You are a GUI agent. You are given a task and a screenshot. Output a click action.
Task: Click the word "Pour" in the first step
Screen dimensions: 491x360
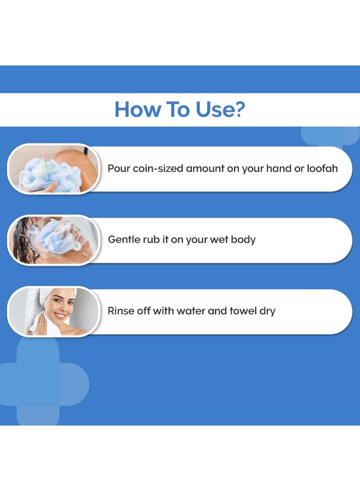pyautogui.click(x=118, y=169)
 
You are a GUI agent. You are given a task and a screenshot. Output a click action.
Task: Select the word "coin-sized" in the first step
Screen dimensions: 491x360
pyautogui.click(x=157, y=169)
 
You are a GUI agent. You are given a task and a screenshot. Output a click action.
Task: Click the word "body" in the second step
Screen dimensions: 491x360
pyautogui.click(x=243, y=239)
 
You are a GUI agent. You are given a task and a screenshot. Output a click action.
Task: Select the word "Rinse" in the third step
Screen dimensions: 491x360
pyautogui.click(x=121, y=311)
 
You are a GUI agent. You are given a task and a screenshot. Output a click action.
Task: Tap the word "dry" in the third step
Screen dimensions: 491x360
pyautogui.click(x=267, y=311)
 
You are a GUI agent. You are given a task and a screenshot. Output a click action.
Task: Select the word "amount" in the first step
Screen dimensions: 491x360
pyautogui.click(x=205, y=169)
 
